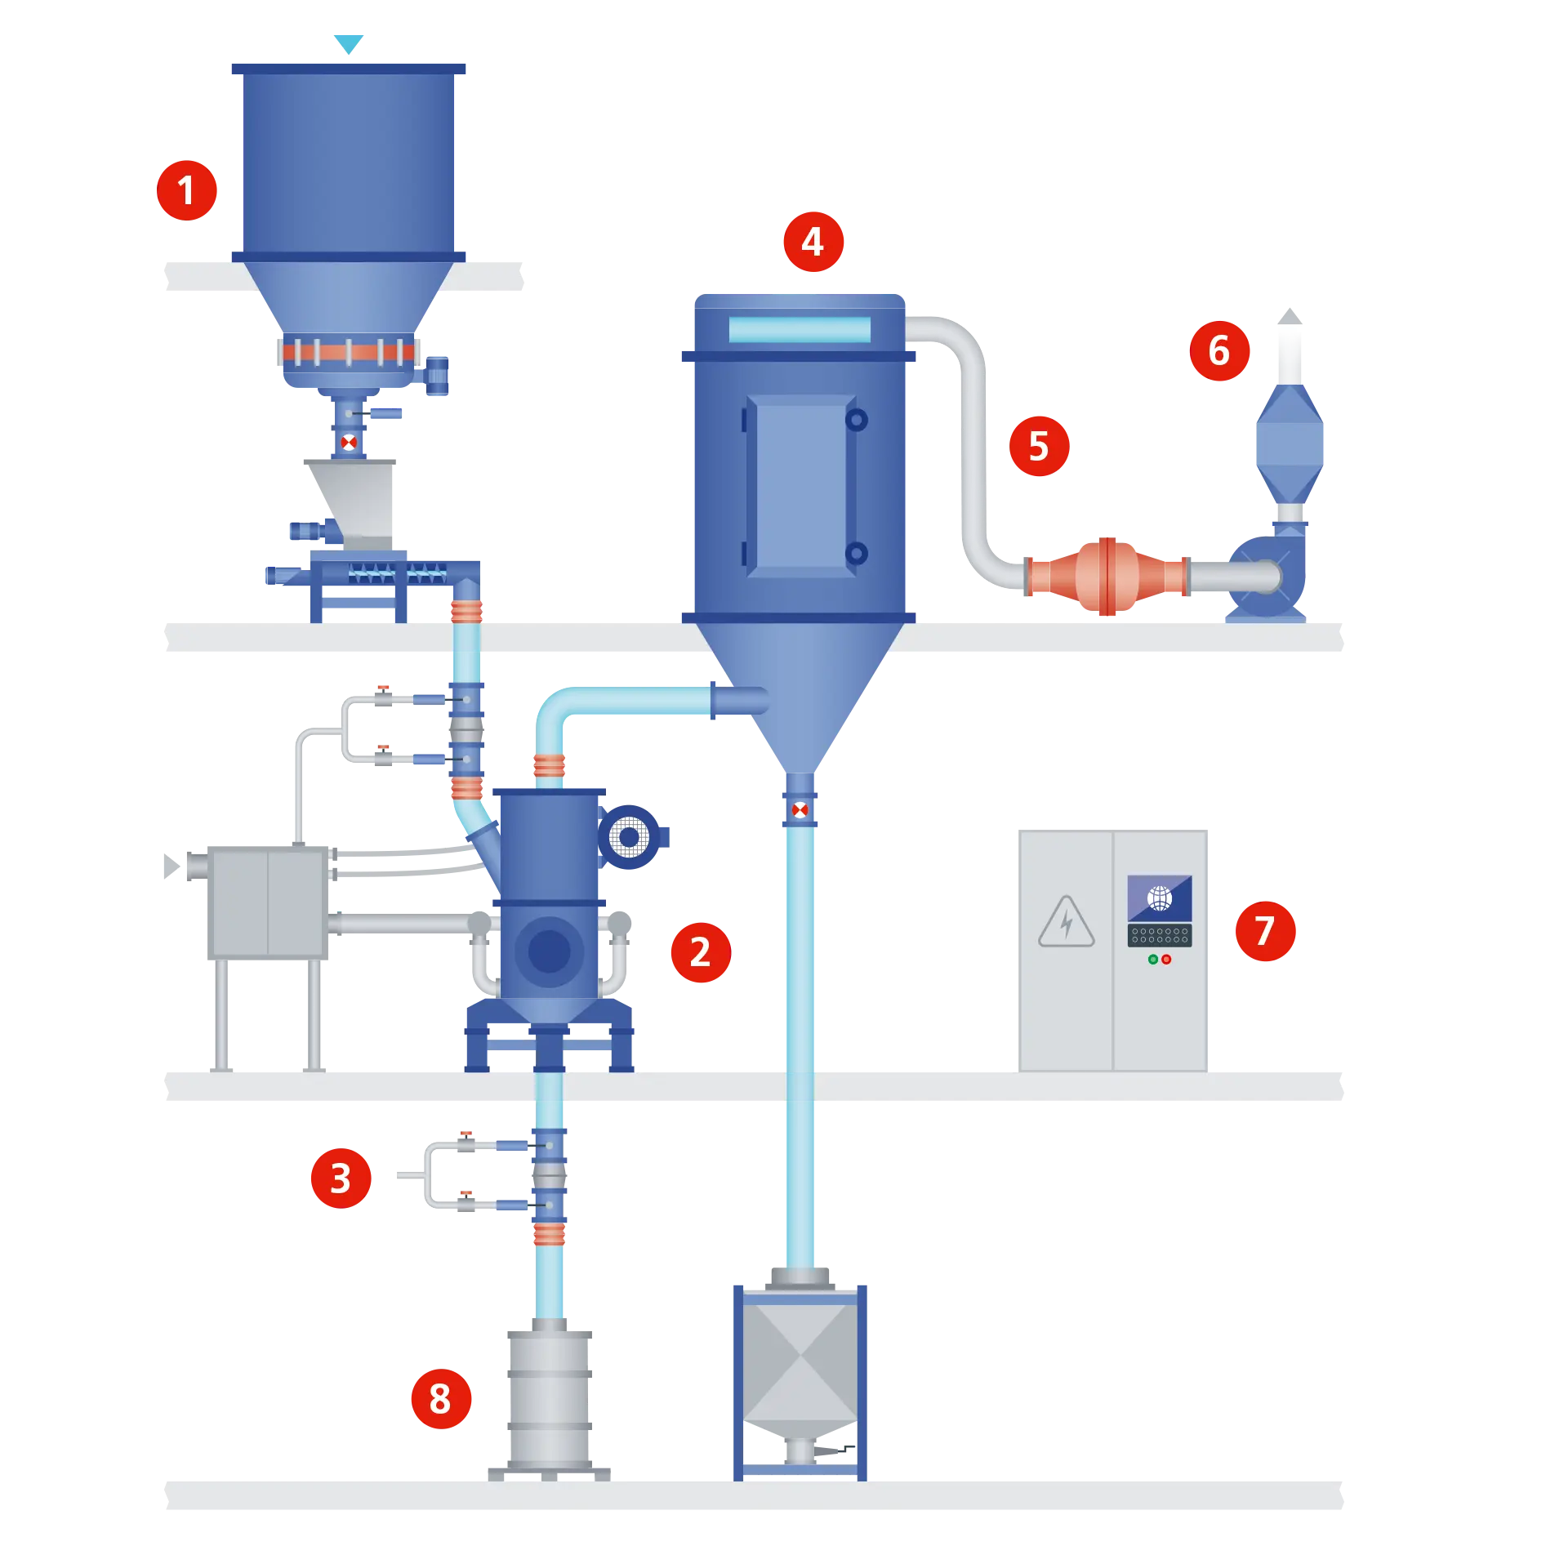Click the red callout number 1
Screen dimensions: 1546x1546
[x=187, y=191]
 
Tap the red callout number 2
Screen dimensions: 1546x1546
[x=700, y=952]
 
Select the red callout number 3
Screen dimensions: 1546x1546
[x=341, y=1178]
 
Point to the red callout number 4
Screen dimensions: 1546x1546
[x=813, y=242]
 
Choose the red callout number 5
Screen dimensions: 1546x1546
[x=1039, y=446]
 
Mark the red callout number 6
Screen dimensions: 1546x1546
[x=1219, y=351]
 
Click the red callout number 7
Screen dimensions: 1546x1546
[x=1265, y=930]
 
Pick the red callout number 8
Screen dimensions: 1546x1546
[x=440, y=1399]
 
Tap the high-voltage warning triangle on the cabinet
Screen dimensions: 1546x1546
[x=1067, y=924]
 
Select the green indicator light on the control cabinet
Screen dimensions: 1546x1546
[x=1153, y=960]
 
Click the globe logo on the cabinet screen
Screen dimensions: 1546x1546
[x=1160, y=898]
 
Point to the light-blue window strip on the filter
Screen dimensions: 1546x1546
[x=800, y=330]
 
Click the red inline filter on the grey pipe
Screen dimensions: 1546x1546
[x=1107, y=577]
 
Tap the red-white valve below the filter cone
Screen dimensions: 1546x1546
[x=800, y=810]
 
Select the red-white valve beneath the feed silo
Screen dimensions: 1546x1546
[x=349, y=443]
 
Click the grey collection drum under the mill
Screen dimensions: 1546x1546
[x=549, y=1401]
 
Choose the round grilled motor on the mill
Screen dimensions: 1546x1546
[x=630, y=837]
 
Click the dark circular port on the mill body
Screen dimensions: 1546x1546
[x=549, y=951]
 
